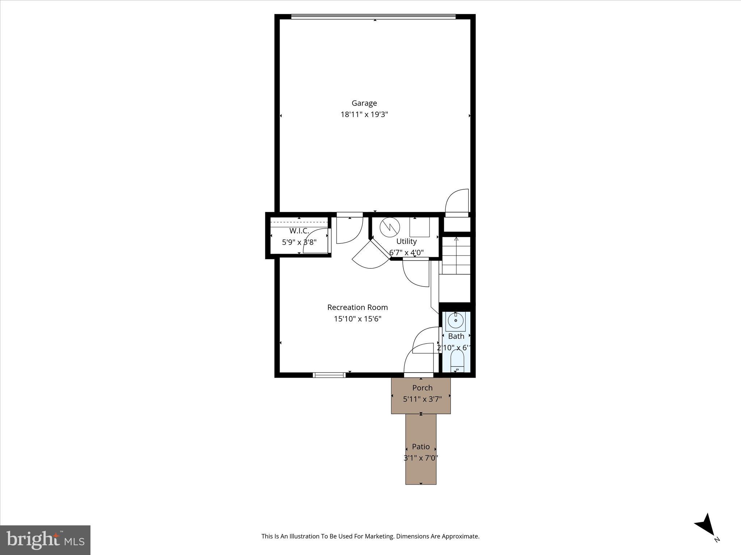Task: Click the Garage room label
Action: click(364, 103)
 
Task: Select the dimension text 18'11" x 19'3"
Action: click(364, 115)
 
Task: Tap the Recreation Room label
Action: click(357, 307)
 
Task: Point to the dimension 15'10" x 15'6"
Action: click(357, 319)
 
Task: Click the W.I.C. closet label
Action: click(299, 231)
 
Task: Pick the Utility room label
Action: click(406, 241)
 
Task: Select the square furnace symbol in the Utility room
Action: click(419, 227)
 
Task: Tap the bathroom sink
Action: click(456, 320)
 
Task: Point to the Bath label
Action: click(456, 336)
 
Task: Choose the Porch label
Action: click(422, 388)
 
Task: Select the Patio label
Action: click(421, 447)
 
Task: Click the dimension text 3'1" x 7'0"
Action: click(421, 458)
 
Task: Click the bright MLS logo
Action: click(45, 540)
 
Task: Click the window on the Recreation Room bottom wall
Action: click(329, 375)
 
